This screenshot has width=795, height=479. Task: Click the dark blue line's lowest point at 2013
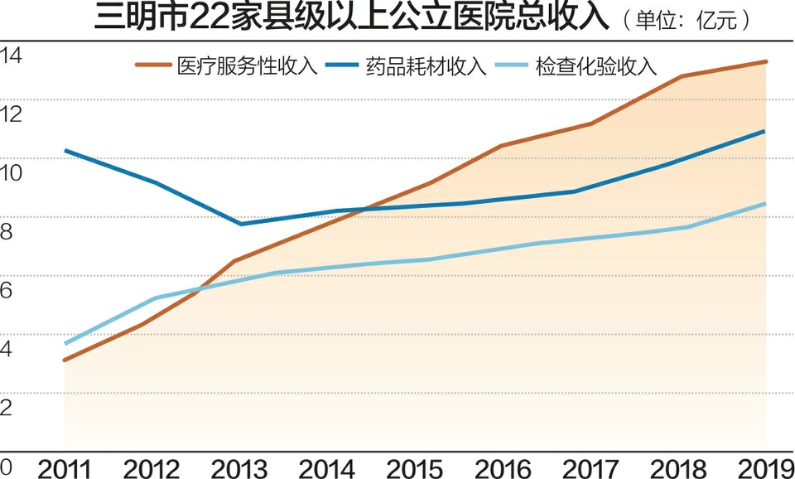coord(240,224)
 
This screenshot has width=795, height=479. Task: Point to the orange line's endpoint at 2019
coord(765,61)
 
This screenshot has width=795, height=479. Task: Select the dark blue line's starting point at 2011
coord(65,150)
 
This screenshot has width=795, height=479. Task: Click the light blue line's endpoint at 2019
coord(765,203)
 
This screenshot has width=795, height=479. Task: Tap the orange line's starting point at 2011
coord(65,360)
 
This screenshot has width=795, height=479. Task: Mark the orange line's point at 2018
coord(679,76)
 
